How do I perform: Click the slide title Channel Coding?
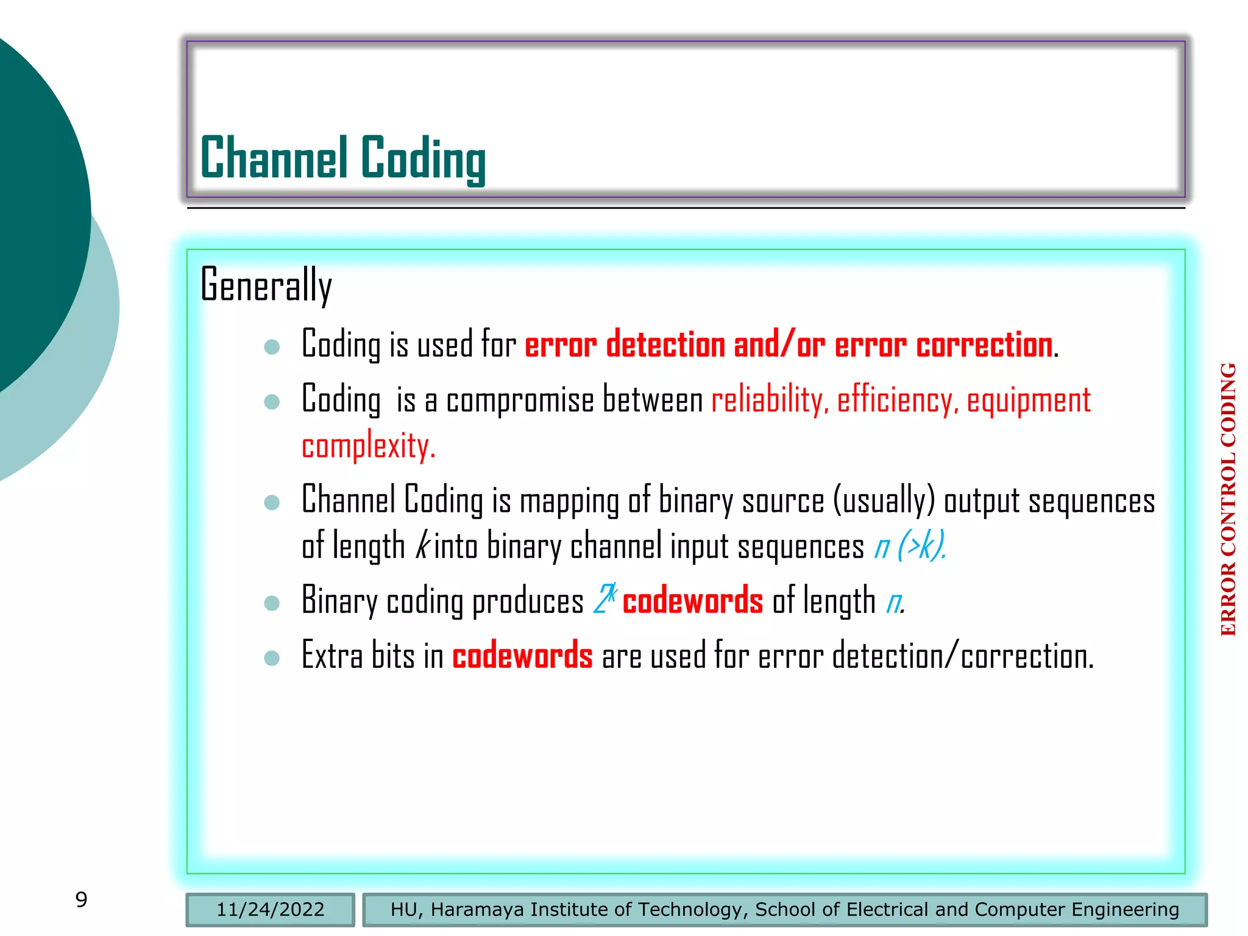coord(342,158)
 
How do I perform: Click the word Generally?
coord(266,285)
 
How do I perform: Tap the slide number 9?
coord(81,899)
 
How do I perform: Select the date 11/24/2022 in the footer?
coord(270,910)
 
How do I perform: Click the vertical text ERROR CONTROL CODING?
coord(1228,499)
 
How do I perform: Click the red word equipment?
coord(1029,401)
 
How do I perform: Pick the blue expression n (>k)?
coord(910,545)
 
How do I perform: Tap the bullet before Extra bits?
coord(272,658)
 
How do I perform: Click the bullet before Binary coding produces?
coord(272,603)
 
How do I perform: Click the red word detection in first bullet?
coord(665,345)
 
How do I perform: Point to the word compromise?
coord(520,402)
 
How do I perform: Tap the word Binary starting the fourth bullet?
coord(339,601)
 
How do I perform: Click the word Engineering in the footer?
coord(1125,910)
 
